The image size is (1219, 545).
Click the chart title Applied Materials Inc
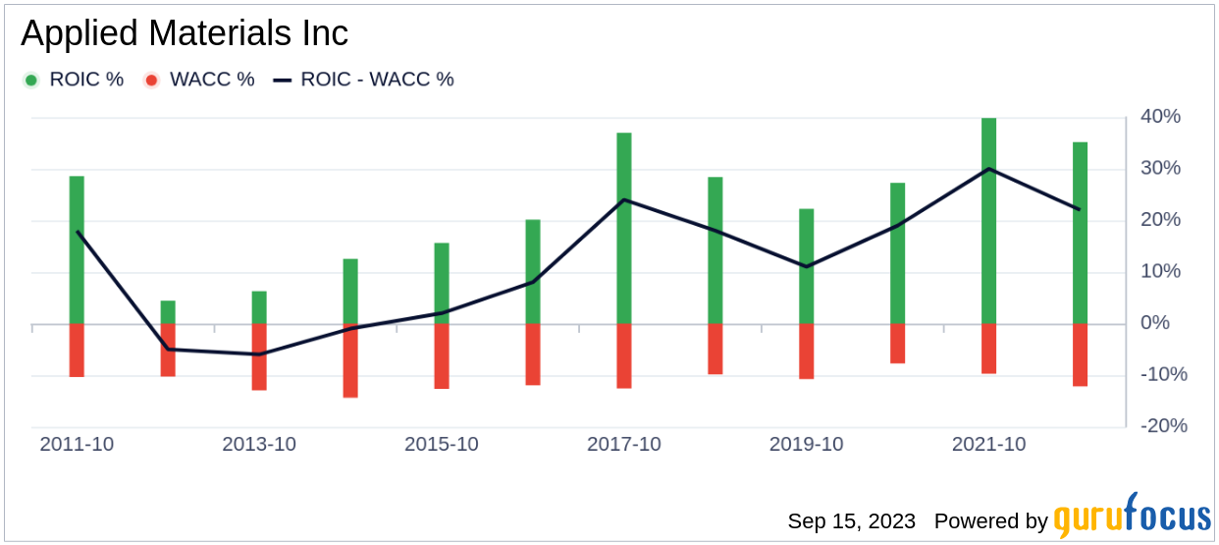[185, 33]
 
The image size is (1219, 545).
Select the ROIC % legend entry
[75, 80]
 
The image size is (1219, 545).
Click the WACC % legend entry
[199, 80]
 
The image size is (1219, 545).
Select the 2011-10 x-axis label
[77, 445]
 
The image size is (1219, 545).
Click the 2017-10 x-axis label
[624, 445]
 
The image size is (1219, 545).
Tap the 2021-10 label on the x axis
[989, 445]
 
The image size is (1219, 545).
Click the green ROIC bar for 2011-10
[77, 249]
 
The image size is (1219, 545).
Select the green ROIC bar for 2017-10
[624, 228]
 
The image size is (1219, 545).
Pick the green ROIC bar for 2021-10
[989, 221]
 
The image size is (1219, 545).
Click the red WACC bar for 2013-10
[259, 356]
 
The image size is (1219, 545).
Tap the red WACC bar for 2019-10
[807, 351]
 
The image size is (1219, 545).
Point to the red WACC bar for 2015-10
[442, 355]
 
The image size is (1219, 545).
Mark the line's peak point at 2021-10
[989, 169]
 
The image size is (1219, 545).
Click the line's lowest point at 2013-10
[259, 354]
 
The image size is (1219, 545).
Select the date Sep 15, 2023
[851, 521]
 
